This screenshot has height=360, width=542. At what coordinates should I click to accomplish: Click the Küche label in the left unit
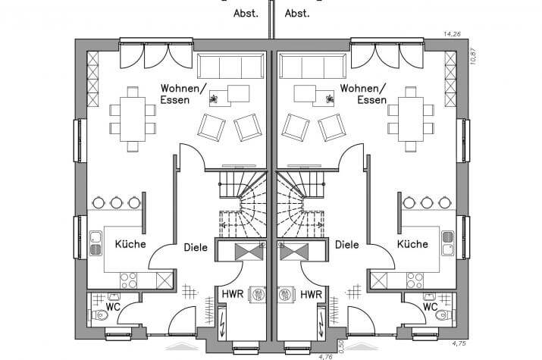pos(130,244)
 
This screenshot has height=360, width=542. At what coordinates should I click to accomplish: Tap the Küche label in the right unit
pos(412,244)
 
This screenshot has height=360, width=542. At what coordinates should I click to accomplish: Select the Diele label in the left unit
pos(196,247)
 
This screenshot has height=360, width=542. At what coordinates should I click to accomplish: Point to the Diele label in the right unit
pos(347,245)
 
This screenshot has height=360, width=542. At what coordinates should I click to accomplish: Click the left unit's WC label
pos(113,306)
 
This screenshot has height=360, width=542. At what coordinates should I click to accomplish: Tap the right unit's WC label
pos(430,306)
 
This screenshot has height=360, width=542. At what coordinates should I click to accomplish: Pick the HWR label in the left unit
pos(233,294)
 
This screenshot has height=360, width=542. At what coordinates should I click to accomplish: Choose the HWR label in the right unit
pos(311,294)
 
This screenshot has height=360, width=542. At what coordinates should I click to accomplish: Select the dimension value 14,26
pos(452,34)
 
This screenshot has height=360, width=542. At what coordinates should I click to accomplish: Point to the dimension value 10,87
pos(474,55)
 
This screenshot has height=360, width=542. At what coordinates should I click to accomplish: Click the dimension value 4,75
pos(459,343)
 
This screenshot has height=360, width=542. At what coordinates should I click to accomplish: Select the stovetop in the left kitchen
pos(129,280)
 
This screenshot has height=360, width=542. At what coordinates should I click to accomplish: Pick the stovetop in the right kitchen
pos(415,280)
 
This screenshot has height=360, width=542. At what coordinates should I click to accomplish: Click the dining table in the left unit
pos(133,119)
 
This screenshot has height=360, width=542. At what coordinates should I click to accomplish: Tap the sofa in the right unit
pos(313,66)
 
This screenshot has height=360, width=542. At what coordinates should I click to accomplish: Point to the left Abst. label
pos(246,14)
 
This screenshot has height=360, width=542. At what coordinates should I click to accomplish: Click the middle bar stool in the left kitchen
pos(116,202)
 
